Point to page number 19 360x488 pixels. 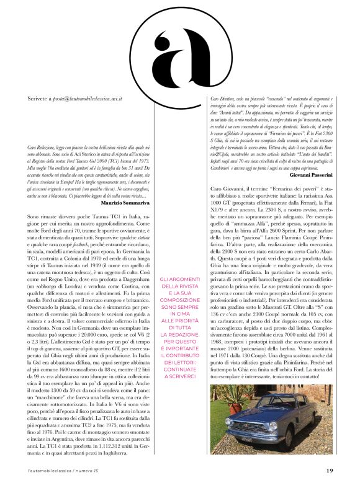(330, 470)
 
